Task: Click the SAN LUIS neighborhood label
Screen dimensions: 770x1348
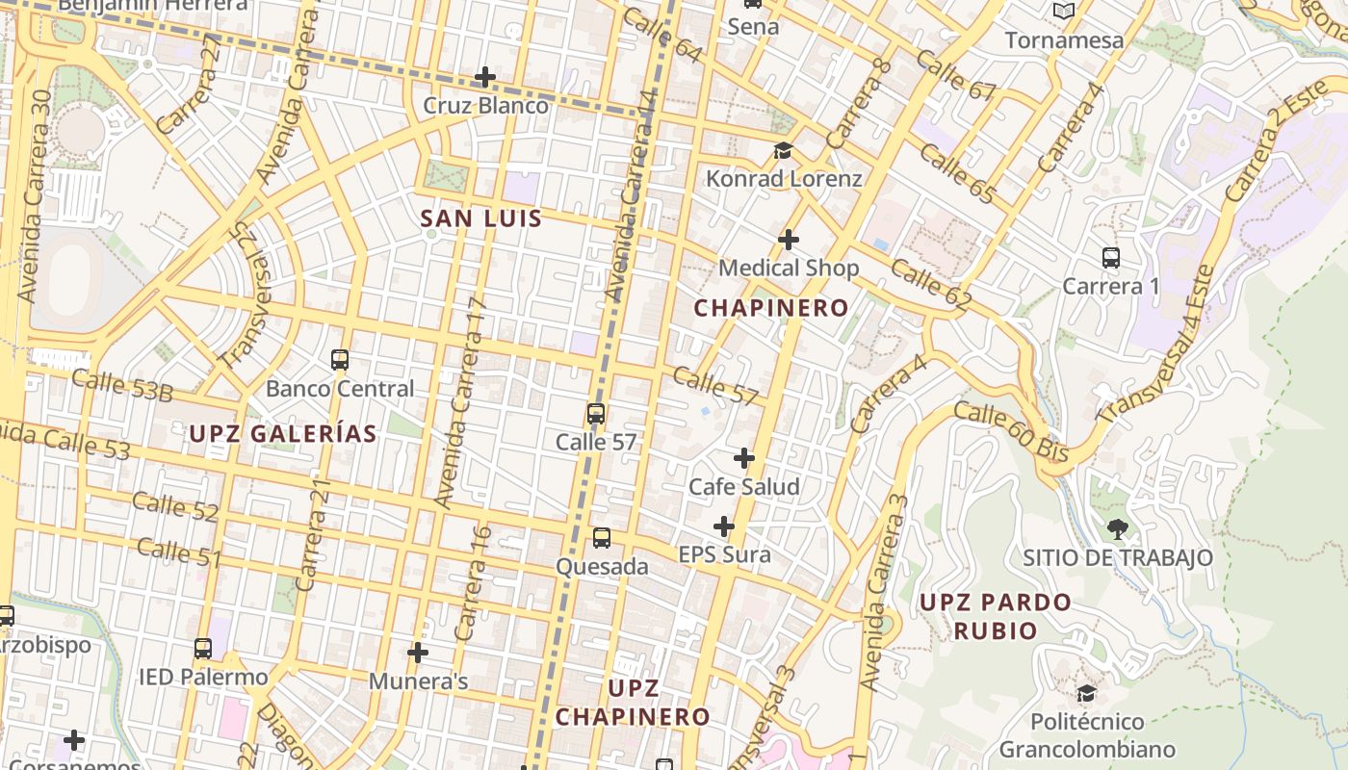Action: (481, 219)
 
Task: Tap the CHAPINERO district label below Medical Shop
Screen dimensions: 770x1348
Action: (771, 308)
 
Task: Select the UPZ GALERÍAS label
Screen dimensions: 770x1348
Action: (282, 434)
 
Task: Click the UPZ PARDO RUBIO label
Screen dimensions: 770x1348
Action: (995, 616)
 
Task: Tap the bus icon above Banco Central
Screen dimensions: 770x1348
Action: (339, 360)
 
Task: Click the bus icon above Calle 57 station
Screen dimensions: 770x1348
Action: (596, 415)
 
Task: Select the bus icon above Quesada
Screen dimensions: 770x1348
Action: (602, 538)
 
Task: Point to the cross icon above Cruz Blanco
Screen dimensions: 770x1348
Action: (486, 77)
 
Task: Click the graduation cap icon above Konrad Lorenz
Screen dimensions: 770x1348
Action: (783, 151)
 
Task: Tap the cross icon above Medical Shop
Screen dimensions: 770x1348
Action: (789, 239)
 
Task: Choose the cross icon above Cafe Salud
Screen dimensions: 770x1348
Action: (743, 458)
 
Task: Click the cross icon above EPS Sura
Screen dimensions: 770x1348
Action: (724, 526)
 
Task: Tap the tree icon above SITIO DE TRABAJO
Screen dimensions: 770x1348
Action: (1117, 528)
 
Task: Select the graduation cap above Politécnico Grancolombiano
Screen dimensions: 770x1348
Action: (1086, 693)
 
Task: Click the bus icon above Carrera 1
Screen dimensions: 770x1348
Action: (1111, 258)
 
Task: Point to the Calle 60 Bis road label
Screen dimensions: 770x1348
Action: (1010, 431)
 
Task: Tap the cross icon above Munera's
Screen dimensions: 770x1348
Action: (418, 653)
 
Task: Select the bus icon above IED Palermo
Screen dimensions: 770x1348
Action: (202, 649)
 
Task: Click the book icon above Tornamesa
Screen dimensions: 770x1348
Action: (1063, 12)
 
